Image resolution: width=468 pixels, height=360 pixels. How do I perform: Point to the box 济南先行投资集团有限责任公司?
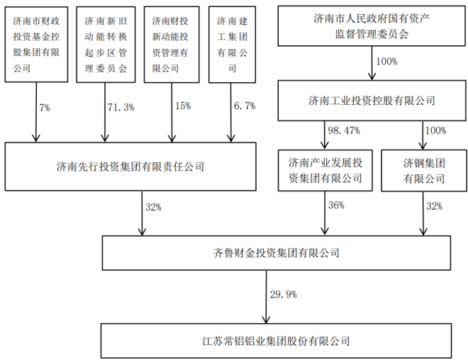(x=130, y=167)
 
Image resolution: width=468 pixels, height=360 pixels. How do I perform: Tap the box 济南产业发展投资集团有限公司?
(x=325, y=170)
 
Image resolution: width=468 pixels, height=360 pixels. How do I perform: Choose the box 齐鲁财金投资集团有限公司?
(x=276, y=252)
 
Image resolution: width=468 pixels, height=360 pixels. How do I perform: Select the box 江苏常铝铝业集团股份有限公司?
(x=276, y=341)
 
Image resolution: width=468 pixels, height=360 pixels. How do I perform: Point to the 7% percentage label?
(x=45, y=107)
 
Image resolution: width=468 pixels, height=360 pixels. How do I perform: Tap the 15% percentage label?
(x=183, y=107)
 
